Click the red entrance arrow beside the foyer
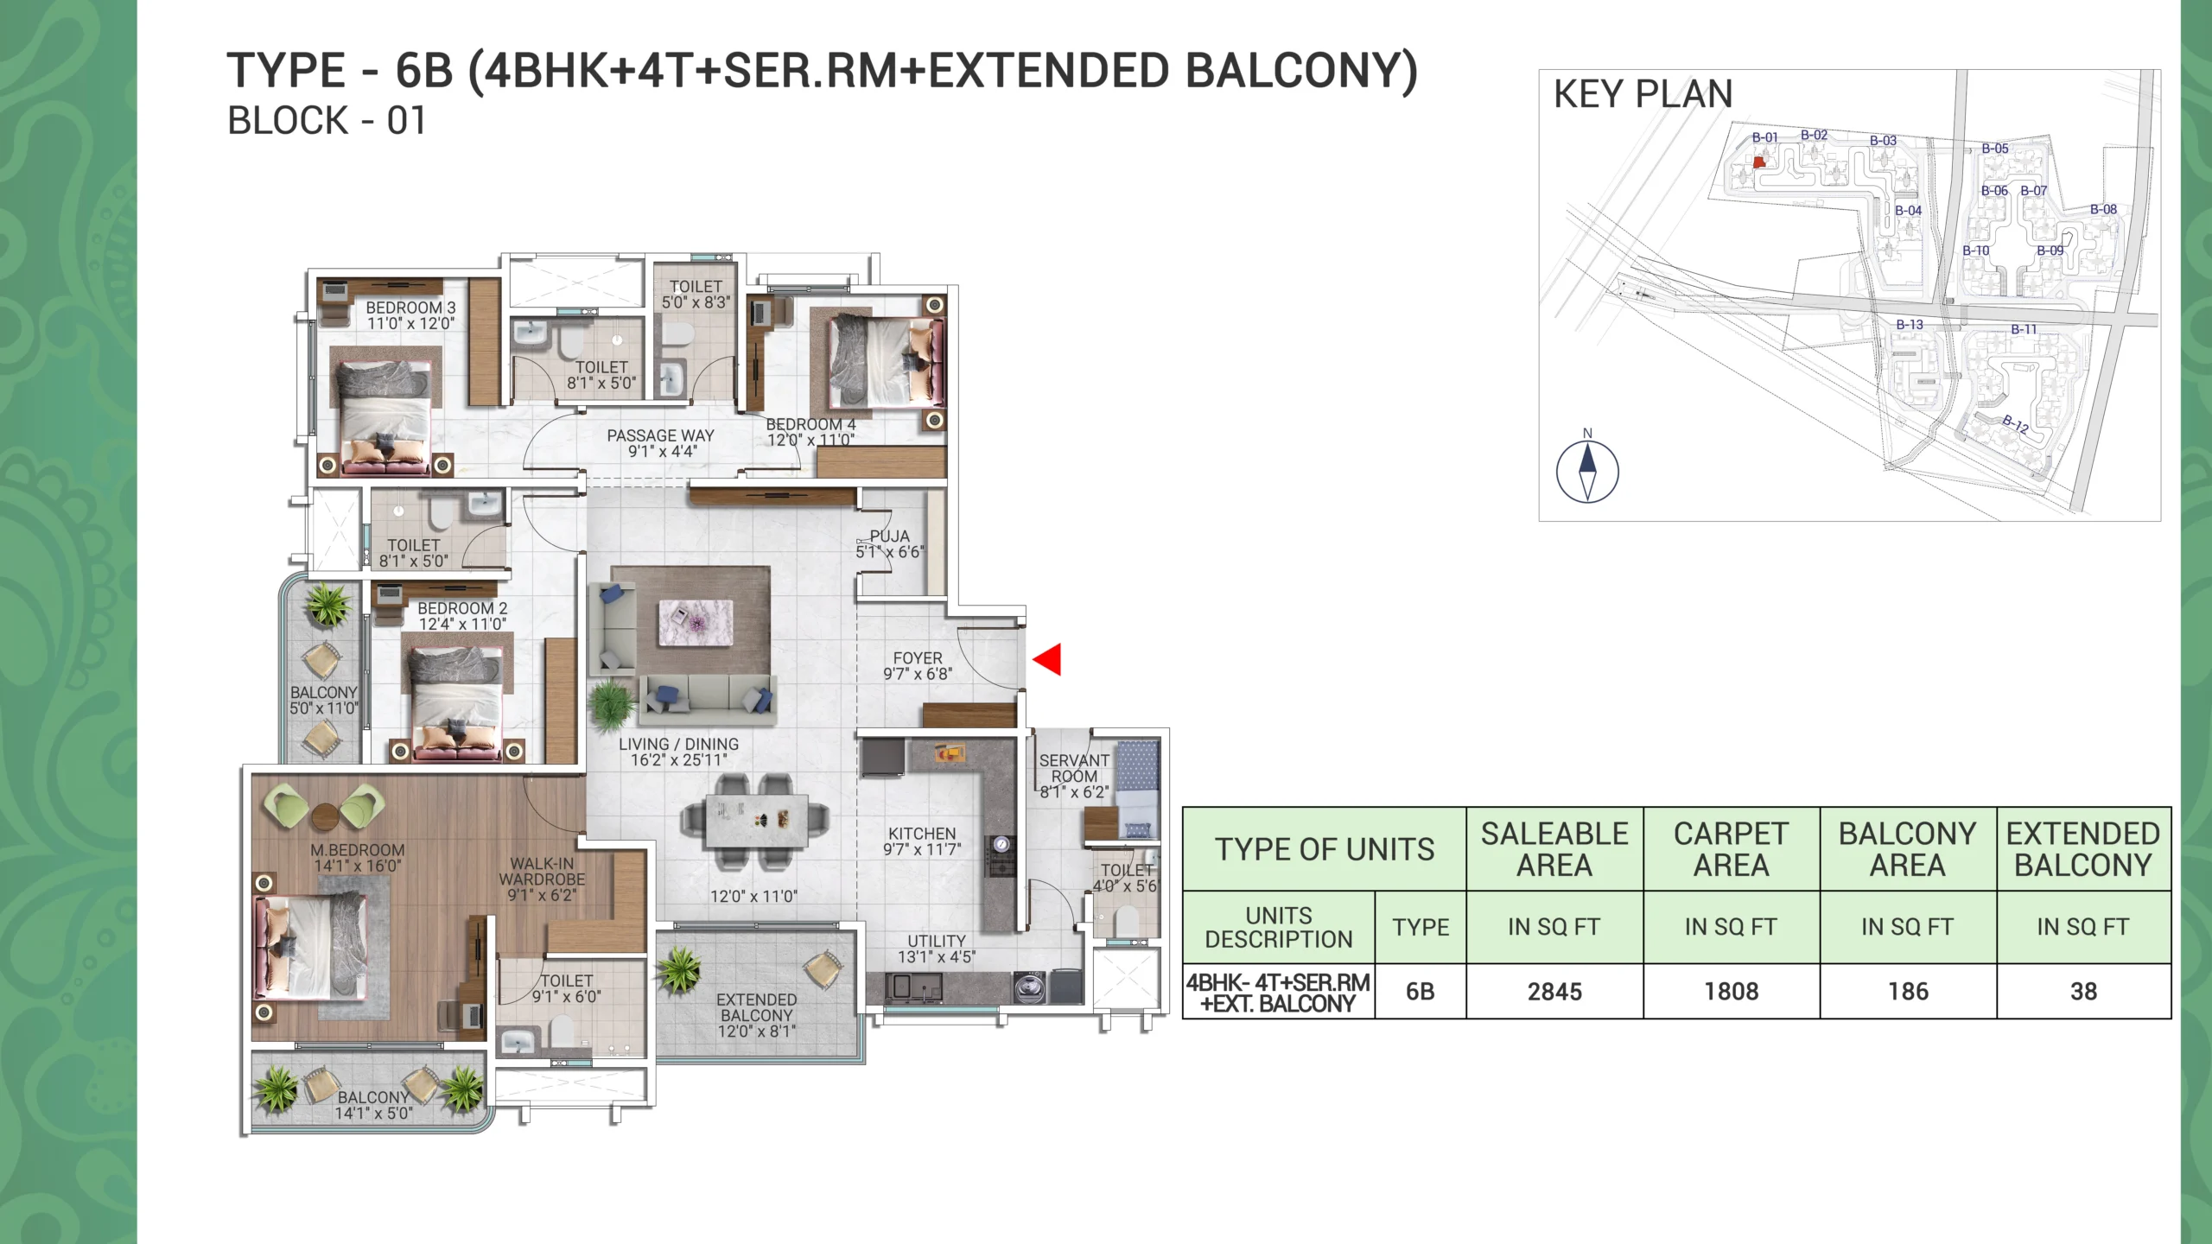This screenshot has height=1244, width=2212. coord(1048,659)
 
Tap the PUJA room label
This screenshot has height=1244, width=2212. coord(889,536)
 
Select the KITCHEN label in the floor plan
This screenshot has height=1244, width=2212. coord(922,834)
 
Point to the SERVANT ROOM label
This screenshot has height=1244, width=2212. coord(1074,768)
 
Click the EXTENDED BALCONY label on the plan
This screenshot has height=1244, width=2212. coord(757,1007)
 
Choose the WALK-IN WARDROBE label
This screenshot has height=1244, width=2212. coord(542,871)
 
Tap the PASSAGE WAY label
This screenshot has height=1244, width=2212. coord(661,435)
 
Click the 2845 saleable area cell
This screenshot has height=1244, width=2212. coord(1554,992)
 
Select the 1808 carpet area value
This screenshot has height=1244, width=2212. coord(1732,992)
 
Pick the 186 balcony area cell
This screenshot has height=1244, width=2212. coord(1908,992)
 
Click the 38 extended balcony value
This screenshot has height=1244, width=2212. coord(2084,992)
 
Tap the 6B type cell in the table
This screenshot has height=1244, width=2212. coord(1421,992)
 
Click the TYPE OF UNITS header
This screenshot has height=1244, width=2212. coord(1325,849)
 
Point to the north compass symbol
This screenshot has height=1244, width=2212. coord(1587,471)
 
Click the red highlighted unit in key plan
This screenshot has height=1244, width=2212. coord(1759,162)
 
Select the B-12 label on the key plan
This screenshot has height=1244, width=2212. coord(2016,423)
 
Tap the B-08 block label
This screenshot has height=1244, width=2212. coord(2104,209)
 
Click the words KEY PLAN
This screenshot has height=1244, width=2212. coord(1643,94)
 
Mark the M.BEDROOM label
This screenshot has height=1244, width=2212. coord(358,850)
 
